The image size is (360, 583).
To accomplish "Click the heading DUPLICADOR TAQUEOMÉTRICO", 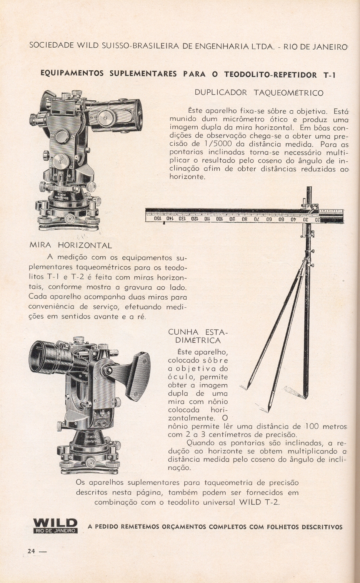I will [259, 93].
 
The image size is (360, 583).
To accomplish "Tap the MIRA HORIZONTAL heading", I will [70, 245].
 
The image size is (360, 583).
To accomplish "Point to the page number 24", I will [31, 551].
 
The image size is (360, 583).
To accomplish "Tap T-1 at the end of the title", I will [329, 75].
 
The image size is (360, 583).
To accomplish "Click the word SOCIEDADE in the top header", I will [51, 45].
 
